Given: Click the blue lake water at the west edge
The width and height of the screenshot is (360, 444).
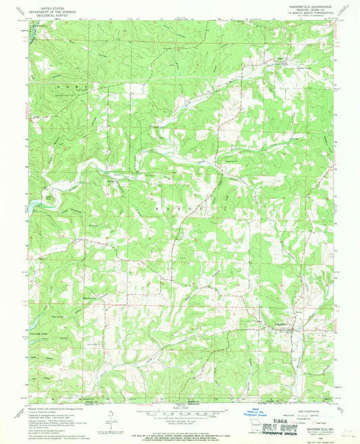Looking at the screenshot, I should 31,202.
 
